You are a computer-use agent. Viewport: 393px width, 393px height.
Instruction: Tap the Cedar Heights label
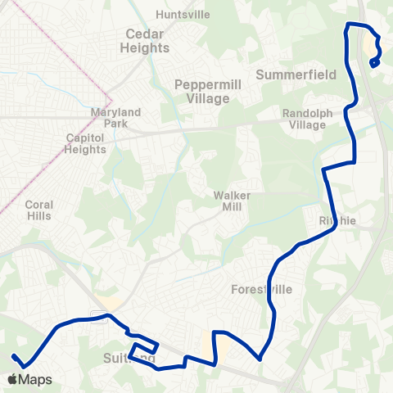pyautogui.click(x=147, y=41)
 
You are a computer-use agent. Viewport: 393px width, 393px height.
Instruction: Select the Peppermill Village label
pyautogui.click(x=202, y=91)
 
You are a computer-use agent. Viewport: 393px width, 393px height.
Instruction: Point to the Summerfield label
pyautogui.click(x=296, y=75)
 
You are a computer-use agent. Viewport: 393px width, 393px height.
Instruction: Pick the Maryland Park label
pyautogui.click(x=116, y=118)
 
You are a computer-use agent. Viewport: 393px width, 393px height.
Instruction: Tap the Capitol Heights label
pyautogui.click(x=85, y=144)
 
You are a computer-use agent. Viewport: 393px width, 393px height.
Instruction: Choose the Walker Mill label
pyautogui.click(x=232, y=201)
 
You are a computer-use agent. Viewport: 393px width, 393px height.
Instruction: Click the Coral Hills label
pyautogui.click(x=38, y=210)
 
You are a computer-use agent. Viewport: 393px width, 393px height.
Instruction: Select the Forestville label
pyautogui.click(x=262, y=290)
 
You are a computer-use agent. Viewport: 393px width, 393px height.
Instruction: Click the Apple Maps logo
pyautogui.click(x=29, y=379)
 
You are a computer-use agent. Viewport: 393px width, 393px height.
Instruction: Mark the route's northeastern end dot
pyautogui.click(x=373, y=63)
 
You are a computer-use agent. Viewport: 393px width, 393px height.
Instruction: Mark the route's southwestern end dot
pyautogui.click(x=14, y=356)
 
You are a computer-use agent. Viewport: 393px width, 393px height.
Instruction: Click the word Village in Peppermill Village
pyautogui.click(x=202, y=98)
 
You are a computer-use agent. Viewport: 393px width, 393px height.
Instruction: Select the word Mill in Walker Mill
pyautogui.click(x=232, y=208)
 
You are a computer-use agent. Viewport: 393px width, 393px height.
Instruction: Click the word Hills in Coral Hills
pyautogui.click(x=38, y=216)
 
